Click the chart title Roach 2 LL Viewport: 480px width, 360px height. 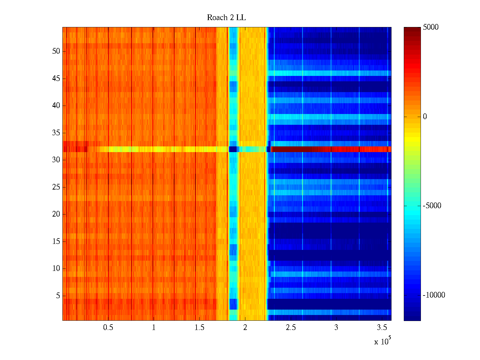tap(226, 18)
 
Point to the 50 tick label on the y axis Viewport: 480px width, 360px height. tap(56, 51)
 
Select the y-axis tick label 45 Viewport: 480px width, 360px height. tap(56, 79)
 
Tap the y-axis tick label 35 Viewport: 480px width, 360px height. tap(56, 133)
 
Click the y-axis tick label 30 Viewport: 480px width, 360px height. tap(56, 160)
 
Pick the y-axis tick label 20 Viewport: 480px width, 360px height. tap(56, 214)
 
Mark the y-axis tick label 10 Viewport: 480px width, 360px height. tap(56, 268)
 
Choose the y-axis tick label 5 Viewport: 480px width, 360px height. tap(58, 296)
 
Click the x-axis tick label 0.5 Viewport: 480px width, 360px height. tap(108, 328)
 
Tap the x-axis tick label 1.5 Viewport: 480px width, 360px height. tap(199, 328)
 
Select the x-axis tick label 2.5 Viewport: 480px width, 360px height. tap(290, 328)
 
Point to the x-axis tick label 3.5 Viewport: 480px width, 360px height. tap(382, 328)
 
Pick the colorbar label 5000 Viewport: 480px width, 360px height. tap(430, 27)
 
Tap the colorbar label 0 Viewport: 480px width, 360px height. tap(425, 117)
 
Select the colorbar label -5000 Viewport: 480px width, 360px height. tap(432, 206)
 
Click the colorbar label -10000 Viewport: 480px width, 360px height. tap(434, 295)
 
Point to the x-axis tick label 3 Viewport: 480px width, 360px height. tap(336, 328)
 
